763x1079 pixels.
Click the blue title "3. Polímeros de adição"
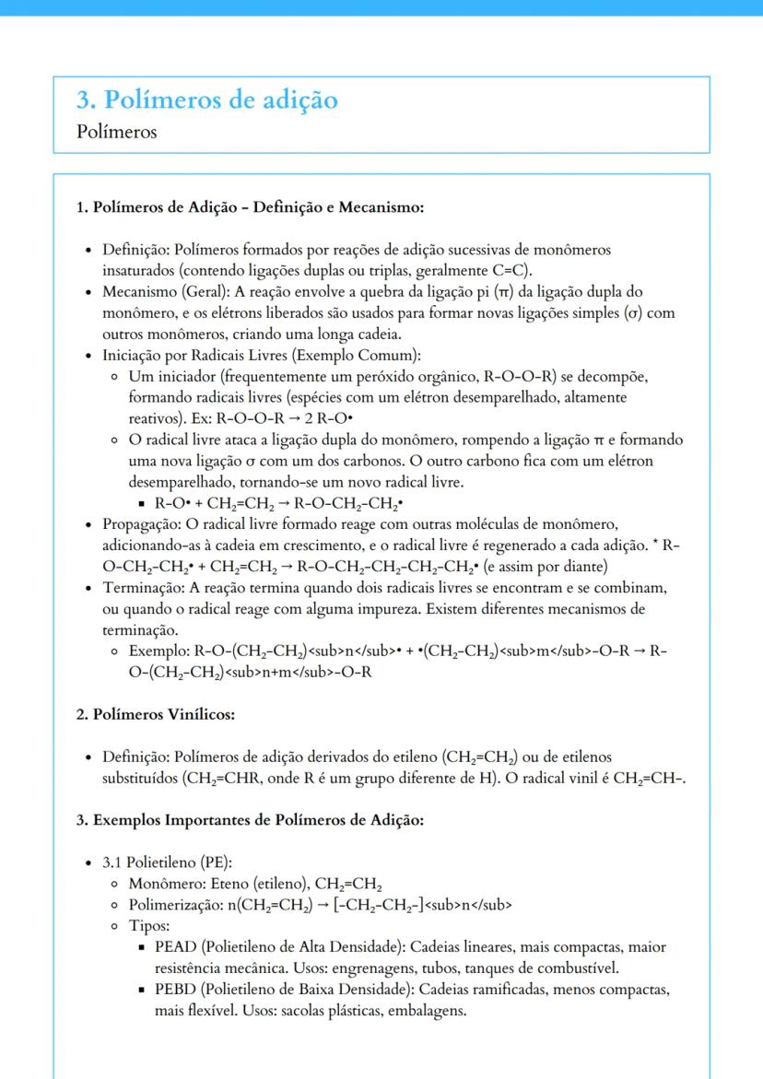click(x=207, y=100)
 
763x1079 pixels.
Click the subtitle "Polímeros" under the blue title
click(x=117, y=132)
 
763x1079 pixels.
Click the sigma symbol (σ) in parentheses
click(x=633, y=313)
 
